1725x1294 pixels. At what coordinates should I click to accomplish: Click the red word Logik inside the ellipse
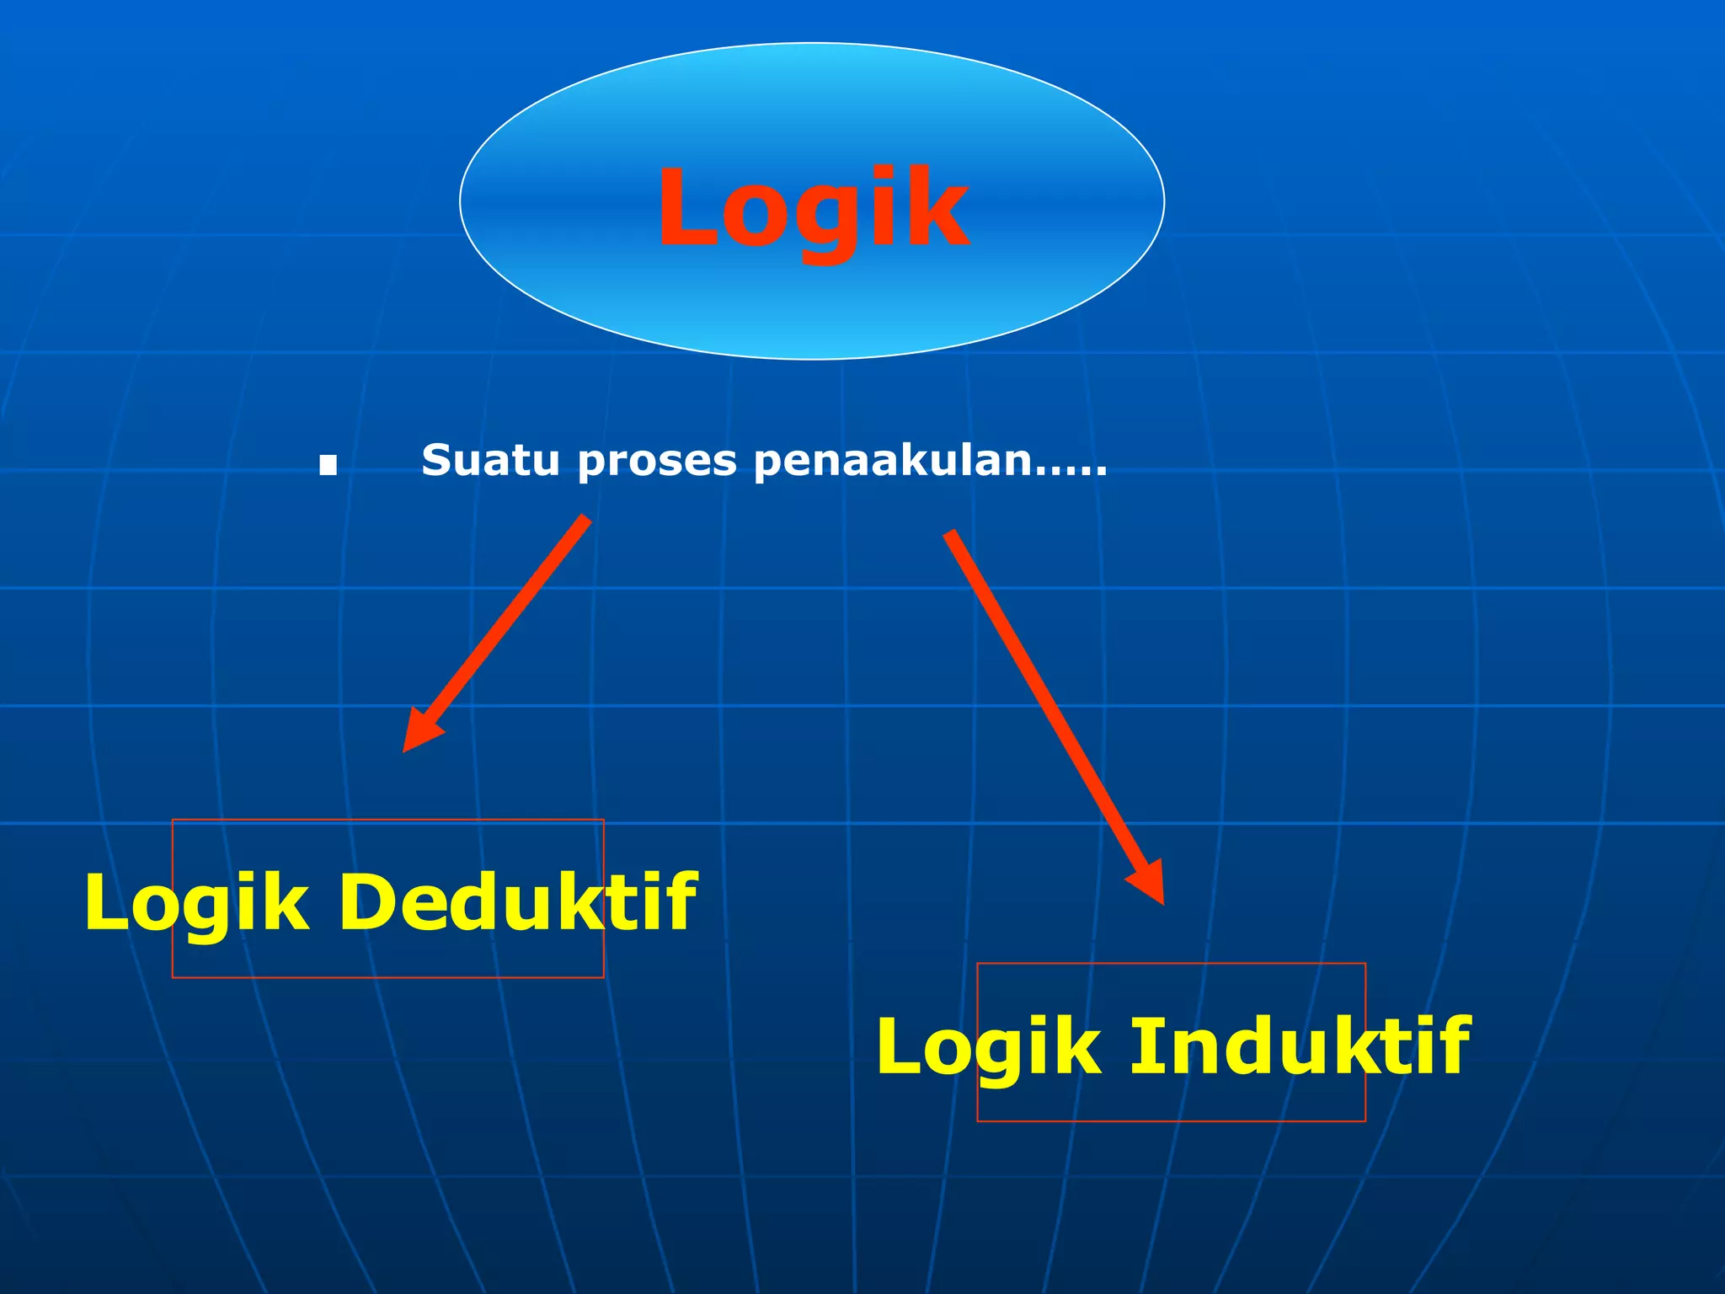[813, 208]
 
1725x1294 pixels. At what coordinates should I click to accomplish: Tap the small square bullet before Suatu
[328, 464]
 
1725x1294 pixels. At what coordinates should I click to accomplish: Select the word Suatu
[489, 461]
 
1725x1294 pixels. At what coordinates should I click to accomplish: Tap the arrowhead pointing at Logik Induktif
[1149, 882]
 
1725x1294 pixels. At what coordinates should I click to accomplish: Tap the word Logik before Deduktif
[196, 903]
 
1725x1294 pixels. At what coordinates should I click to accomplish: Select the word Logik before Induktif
[988, 1047]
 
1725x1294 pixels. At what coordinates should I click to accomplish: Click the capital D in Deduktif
[367, 902]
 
